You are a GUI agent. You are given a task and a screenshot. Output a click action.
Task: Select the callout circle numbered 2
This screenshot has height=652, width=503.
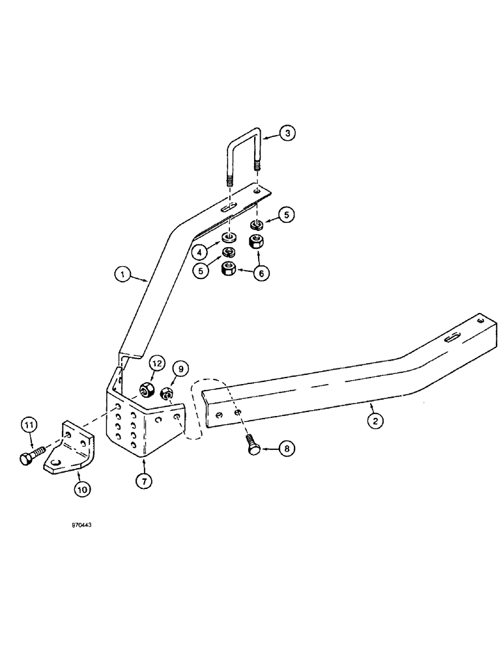pos(374,421)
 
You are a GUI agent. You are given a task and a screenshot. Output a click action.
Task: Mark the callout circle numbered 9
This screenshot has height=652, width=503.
pos(180,368)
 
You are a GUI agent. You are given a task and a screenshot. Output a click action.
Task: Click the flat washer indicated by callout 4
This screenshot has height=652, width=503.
pos(229,237)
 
